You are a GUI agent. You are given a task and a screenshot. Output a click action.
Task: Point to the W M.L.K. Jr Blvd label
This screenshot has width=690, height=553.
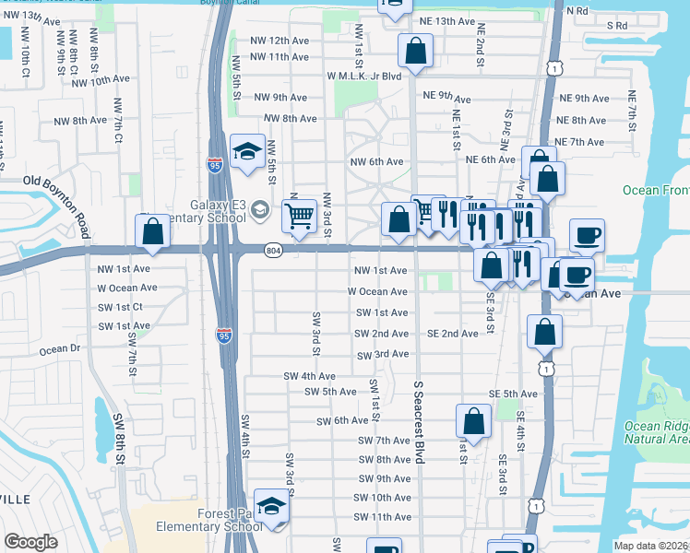363,76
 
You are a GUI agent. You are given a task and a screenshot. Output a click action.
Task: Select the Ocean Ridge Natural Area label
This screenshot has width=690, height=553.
655,432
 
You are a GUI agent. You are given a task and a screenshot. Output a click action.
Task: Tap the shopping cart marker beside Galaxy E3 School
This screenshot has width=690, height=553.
299,217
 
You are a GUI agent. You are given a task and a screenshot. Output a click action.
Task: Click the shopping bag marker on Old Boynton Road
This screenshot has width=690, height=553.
153,233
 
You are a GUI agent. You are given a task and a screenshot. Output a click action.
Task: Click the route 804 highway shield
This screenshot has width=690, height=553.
275,249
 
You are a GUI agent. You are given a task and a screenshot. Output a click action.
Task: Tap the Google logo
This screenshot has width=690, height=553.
31,542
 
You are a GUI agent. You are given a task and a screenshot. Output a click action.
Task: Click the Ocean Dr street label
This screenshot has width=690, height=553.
61,349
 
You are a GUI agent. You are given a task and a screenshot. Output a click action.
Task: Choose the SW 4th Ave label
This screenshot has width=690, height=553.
309,376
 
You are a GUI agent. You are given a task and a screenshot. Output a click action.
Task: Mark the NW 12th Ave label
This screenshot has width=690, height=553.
280,41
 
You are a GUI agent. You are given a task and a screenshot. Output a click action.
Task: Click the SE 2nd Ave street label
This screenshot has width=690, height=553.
452,334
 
